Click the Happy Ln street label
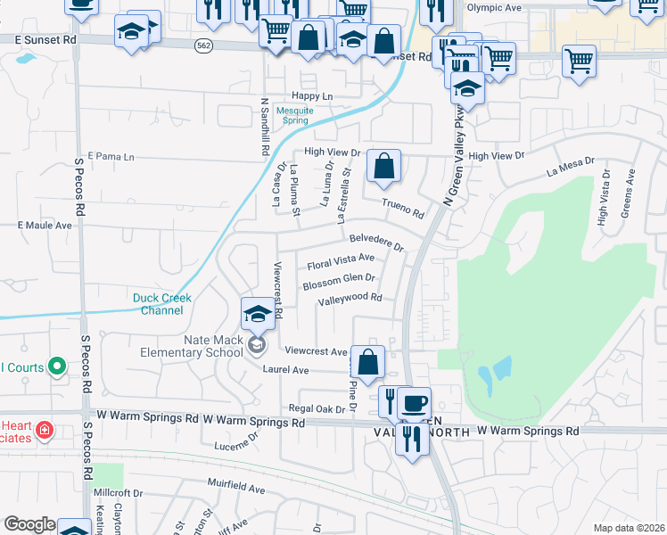coord(311,96)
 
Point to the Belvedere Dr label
coord(376,241)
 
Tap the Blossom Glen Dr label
coord(338,282)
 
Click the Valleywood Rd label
coord(350,299)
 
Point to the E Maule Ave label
coord(45,226)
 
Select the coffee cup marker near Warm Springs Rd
coord(414,401)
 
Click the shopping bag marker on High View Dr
coord(383,165)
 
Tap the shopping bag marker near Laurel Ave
coord(366,362)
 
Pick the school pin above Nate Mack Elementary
coord(258,313)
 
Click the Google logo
coord(29,524)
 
